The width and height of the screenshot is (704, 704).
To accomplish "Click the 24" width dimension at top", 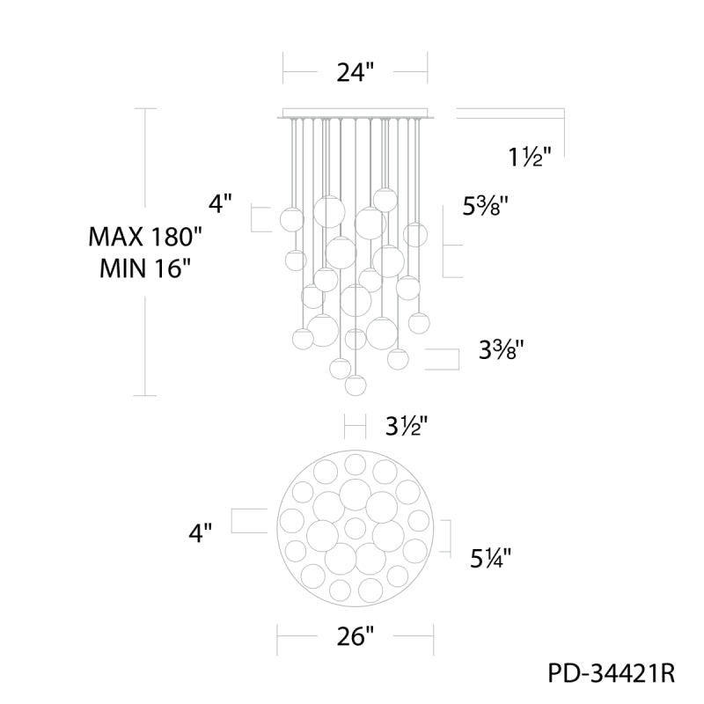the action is [x=356, y=72].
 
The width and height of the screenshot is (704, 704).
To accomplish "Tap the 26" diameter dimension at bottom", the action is [x=356, y=636].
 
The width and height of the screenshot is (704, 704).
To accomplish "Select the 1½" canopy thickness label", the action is [x=530, y=158].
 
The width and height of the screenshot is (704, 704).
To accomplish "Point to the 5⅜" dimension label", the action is [x=486, y=207].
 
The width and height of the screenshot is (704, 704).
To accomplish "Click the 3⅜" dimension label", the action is [x=501, y=349].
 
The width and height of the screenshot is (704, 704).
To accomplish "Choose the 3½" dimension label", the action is [x=407, y=426].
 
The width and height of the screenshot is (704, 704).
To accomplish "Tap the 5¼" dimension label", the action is [x=491, y=559].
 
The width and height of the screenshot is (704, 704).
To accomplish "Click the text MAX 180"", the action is [x=145, y=237].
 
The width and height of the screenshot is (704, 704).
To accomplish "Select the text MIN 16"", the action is [x=145, y=268].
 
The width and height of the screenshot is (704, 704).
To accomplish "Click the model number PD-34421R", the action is [x=611, y=673].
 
